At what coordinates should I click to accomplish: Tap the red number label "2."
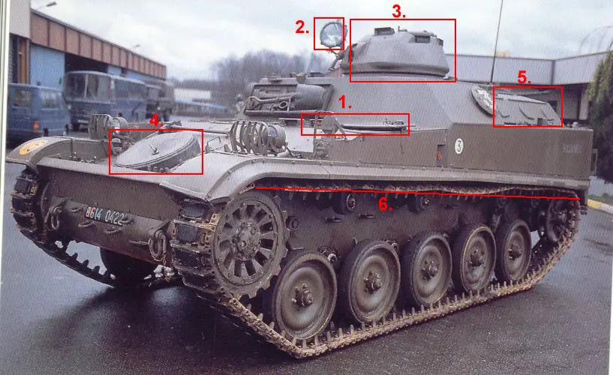pos(302,28)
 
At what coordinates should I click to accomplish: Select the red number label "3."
pos(398,10)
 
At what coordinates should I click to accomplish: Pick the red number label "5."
pos(524,77)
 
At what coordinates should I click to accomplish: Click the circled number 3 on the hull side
pos(458,146)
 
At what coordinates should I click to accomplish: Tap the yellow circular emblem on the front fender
pos(32,147)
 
